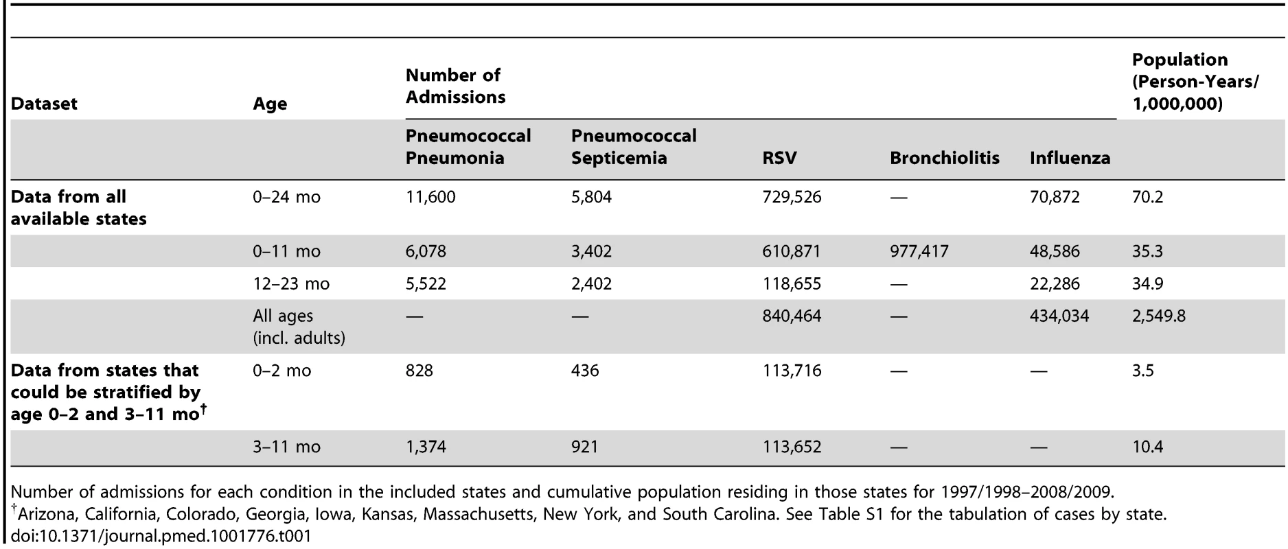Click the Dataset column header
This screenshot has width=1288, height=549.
tap(44, 104)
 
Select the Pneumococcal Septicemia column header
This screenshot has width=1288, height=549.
tap(634, 147)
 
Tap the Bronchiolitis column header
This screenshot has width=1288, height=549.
tap(945, 158)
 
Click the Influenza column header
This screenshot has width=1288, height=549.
tap(1070, 158)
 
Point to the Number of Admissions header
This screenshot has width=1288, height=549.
tap(455, 86)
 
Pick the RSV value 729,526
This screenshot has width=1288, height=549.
tap(792, 198)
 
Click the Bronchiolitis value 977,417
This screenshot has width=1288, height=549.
tap(919, 251)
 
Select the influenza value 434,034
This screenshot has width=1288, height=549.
tap(1059, 316)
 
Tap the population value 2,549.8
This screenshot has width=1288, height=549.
tap(1159, 316)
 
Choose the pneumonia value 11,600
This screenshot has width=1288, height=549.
tap(430, 198)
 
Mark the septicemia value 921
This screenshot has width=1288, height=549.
tap(584, 447)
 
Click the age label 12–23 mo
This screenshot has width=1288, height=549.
tap(291, 283)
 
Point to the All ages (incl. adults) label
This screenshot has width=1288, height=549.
tap(299, 327)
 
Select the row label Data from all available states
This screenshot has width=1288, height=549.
tap(78, 208)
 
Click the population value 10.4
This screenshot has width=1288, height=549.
tap(1147, 447)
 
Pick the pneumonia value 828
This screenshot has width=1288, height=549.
tap(419, 371)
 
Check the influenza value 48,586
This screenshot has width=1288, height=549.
tap(1055, 251)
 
